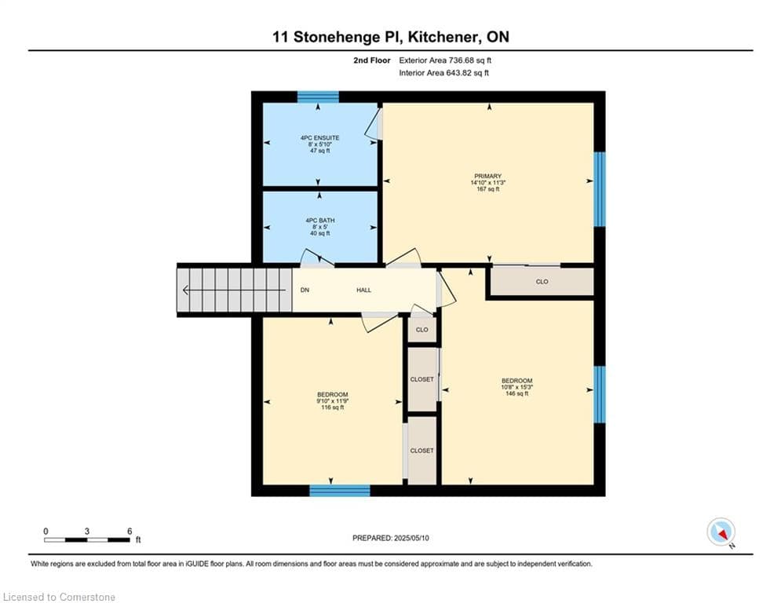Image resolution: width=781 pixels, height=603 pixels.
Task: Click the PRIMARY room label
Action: [x=487, y=176]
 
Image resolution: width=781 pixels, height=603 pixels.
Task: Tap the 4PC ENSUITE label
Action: [x=319, y=138]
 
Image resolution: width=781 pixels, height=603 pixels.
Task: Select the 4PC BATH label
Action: [x=319, y=221]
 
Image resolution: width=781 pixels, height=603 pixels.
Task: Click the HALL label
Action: [x=364, y=291]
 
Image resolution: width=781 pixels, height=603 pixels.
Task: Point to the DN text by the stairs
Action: [x=305, y=291]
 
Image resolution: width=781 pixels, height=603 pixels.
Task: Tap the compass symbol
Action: [x=721, y=532]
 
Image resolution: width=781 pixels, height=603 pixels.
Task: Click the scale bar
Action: [x=87, y=539]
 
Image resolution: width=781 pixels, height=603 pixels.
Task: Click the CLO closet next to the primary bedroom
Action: [x=542, y=282]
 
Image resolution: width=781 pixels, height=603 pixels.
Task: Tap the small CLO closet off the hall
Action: [x=422, y=330]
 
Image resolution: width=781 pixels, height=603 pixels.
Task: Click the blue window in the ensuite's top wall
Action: [x=318, y=97]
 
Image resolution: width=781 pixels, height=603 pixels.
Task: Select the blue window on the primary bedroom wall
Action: [x=600, y=189]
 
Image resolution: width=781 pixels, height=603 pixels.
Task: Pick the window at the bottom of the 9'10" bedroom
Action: [x=339, y=491]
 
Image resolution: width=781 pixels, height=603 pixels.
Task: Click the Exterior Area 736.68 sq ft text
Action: [x=446, y=60]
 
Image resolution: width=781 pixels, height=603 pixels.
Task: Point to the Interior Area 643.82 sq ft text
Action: [x=443, y=73]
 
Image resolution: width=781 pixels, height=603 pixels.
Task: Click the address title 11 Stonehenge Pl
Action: [x=390, y=37]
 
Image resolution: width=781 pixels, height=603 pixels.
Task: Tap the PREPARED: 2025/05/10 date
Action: [x=390, y=538]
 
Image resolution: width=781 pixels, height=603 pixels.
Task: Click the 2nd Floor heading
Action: [x=372, y=60]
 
